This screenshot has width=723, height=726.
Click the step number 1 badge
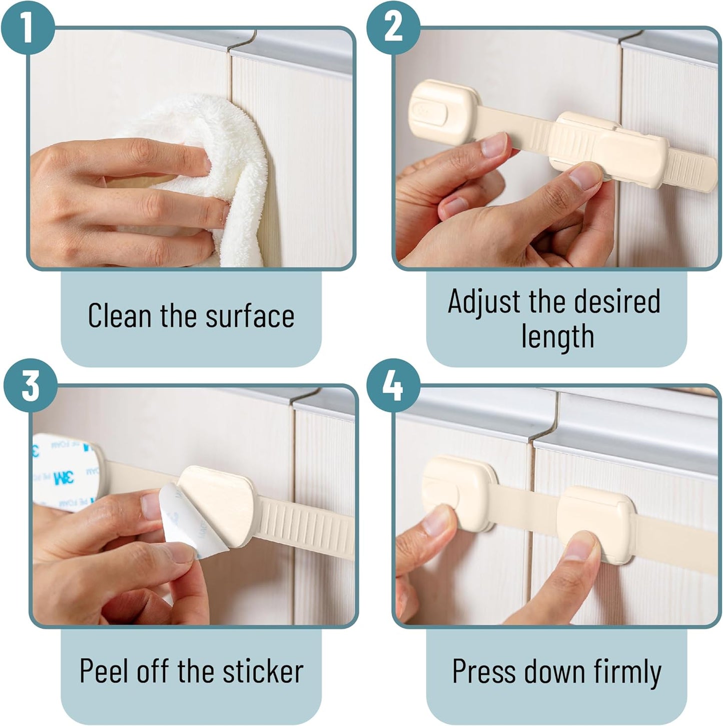pyautogui.click(x=27, y=27)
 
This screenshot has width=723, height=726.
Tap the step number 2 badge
pyautogui.click(x=393, y=27)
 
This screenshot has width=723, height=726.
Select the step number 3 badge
pyautogui.click(x=30, y=385)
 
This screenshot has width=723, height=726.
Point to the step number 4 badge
pyautogui.click(x=393, y=385)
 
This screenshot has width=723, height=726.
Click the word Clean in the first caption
pyautogui.click(x=119, y=315)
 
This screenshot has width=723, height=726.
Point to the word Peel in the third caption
pyautogui.click(x=105, y=671)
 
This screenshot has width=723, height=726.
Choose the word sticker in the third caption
pyautogui.click(x=263, y=671)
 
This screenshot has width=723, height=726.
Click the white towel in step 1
pyautogui.click(x=211, y=177)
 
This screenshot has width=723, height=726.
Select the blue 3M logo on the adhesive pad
pyautogui.click(x=64, y=477)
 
